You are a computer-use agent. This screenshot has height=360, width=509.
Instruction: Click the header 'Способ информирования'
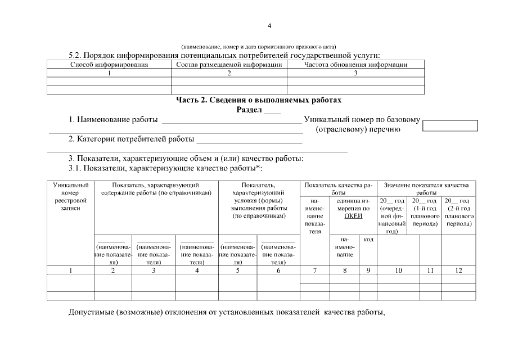[109, 65]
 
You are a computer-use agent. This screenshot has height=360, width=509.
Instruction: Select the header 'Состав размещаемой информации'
[229, 65]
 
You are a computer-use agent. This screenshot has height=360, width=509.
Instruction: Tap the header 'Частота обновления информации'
[355, 65]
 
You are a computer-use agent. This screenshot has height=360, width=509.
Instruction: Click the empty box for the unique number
[449, 125]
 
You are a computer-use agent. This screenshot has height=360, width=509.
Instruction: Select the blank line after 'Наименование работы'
[231, 120]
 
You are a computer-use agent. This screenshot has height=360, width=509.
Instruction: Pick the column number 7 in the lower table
[315, 271]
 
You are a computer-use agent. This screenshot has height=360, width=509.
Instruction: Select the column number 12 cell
[458, 271]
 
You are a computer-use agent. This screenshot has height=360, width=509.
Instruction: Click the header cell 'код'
[368, 240]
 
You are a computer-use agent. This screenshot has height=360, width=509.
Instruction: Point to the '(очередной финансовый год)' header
[392, 216]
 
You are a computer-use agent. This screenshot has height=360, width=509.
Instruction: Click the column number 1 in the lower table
[70, 271]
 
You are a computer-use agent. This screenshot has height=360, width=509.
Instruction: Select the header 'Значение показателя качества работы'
[426, 188]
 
